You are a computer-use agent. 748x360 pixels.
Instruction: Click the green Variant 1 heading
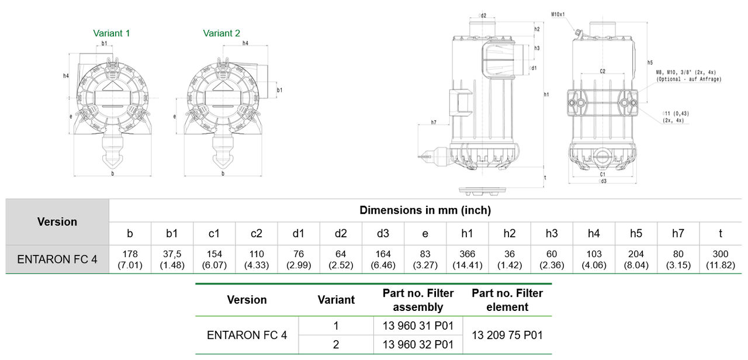pos(111,33)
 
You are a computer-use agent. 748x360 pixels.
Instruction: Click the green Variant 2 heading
pos(221,33)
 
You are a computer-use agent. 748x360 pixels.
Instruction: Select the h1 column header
pos(467,233)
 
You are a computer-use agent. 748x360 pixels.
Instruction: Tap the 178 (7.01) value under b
pos(130,259)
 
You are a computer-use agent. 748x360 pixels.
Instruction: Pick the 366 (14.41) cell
pos(467,259)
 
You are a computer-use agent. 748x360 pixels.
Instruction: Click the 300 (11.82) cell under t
pos(720,259)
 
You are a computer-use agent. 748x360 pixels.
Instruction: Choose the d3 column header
pos(383,233)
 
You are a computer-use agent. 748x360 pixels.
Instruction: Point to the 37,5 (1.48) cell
pos(172,259)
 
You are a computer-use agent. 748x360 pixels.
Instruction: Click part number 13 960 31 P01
pos(418,326)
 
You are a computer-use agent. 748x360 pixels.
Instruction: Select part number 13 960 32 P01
pos(418,345)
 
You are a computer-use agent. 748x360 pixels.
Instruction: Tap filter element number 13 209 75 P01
pos(507,335)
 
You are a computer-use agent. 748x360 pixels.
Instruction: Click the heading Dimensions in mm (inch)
pos(425,210)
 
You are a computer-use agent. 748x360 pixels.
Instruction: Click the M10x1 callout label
pos(558,14)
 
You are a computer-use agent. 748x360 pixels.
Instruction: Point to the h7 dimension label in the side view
pos(434,122)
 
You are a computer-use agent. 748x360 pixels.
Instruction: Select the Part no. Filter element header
pos(507,300)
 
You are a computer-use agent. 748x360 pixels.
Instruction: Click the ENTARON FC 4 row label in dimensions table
pos(57,259)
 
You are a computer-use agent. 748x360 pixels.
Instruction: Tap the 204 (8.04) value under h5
pos(636,259)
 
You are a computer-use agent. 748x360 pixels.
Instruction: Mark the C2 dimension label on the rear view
pos(602,71)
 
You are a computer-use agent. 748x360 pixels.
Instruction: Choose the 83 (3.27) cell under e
pos(425,259)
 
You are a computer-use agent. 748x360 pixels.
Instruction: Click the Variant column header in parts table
pos(336,300)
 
